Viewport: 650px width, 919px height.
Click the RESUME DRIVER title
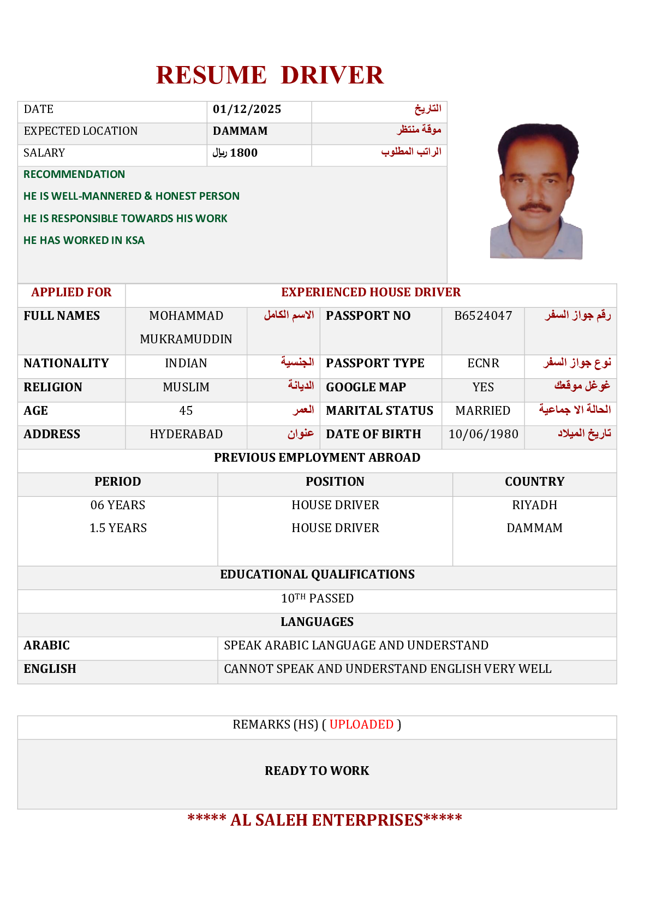click(270, 75)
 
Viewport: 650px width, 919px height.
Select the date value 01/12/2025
click(247, 109)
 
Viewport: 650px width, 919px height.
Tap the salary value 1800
click(243, 153)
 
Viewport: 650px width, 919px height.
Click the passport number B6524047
click(483, 316)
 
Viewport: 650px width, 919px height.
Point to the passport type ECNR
click(483, 363)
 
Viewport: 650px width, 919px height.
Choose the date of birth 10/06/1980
click(483, 434)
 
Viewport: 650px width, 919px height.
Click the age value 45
click(186, 411)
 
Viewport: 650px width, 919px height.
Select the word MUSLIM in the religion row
click(186, 387)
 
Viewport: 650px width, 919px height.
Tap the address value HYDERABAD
click(186, 434)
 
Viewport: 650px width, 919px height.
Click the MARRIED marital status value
click(483, 411)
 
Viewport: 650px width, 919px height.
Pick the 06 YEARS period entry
click(118, 505)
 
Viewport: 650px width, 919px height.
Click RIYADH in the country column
click(534, 505)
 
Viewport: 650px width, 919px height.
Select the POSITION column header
click(335, 482)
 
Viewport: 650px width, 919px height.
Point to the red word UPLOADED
click(361, 725)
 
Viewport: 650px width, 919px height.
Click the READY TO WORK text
click(317, 771)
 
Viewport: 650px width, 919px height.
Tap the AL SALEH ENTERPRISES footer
click(325, 820)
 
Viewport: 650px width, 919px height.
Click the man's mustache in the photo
click(535, 207)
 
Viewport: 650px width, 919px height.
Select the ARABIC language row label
click(47, 646)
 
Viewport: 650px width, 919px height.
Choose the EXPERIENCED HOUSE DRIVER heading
click(371, 293)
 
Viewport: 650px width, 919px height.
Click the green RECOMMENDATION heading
click(74, 175)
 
